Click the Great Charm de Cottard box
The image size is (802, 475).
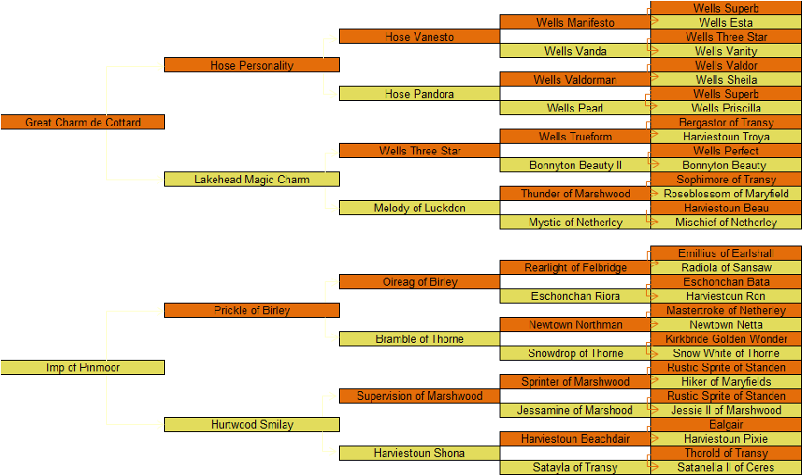coord(83,122)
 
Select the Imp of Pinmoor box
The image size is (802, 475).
coord(83,368)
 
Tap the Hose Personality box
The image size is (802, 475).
coord(252,65)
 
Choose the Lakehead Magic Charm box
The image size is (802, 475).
coord(252,179)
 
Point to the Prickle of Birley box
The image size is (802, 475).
coord(252,311)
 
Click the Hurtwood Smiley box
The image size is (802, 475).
coord(252,425)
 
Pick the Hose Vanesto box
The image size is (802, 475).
coord(419,37)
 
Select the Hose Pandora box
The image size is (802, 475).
coord(419,94)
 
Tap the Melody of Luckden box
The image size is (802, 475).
coord(419,208)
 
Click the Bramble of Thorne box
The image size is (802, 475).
coord(419,339)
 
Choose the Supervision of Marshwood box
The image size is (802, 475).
coord(419,396)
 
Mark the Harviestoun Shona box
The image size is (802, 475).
coord(419,454)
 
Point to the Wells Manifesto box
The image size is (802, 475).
coord(575,22)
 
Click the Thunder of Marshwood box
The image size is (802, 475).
coord(575,194)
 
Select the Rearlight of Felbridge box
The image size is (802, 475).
coord(575,268)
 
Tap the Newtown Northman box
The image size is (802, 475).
coord(575,325)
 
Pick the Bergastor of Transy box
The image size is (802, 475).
coord(725,122)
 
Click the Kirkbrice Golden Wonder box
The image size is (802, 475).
coord(725,339)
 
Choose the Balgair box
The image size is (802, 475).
coord(725,425)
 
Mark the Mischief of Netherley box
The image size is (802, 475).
coord(725,222)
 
